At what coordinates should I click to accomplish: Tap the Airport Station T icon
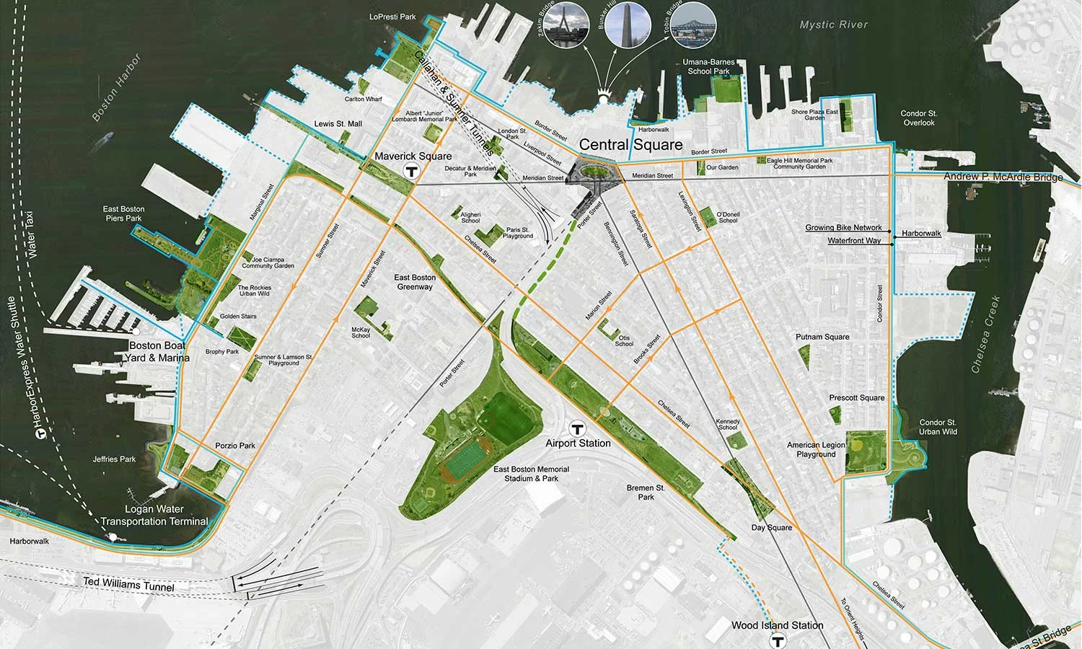[577, 428]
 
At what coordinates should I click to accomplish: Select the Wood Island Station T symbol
[778, 640]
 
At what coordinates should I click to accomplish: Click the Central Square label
[630, 145]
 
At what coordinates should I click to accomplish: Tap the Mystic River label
[833, 25]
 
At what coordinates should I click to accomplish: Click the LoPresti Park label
[392, 17]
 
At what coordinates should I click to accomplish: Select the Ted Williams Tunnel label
[128, 584]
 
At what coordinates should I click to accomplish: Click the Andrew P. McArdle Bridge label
[1003, 177]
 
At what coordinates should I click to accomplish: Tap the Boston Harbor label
[117, 87]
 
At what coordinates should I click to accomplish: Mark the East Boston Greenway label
[415, 282]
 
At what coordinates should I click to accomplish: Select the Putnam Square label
[822, 337]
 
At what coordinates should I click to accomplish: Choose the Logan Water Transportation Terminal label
[154, 515]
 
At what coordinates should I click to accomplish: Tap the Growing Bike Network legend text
[843, 228]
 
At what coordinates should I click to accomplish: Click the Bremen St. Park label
[646, 493]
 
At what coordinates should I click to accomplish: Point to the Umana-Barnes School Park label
[709, 66]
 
